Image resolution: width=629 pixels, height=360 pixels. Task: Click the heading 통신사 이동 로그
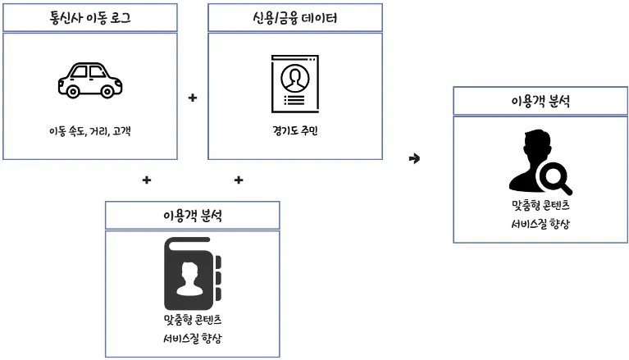point(90,17)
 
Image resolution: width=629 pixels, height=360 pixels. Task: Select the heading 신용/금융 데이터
point(295,17)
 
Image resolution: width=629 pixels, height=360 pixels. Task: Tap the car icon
point(90,80)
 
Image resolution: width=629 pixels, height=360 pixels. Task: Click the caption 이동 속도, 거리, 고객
point(90,130)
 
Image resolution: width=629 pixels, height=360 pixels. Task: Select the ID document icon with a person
point(294,84)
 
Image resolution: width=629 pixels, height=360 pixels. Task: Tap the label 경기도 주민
point(294,130)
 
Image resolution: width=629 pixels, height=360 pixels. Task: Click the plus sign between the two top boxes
point(193,98)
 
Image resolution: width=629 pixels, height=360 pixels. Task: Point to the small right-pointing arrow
point(414,157)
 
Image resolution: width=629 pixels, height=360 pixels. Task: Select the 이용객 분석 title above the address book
point(193,216)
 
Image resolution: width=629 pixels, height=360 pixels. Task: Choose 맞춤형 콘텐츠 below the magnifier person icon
point(540,203)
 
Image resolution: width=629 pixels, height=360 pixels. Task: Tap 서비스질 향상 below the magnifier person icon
point(540,223)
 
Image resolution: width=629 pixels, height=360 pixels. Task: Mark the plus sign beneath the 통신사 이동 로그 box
point(147,180)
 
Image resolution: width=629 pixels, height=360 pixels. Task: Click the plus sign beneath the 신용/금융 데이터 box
point(239,180)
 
